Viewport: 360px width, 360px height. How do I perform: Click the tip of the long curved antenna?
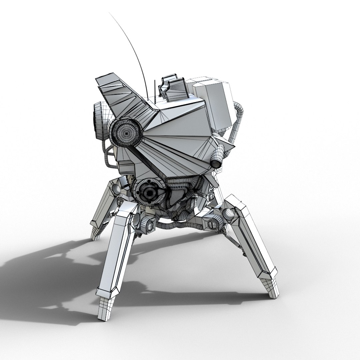[110, 14]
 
